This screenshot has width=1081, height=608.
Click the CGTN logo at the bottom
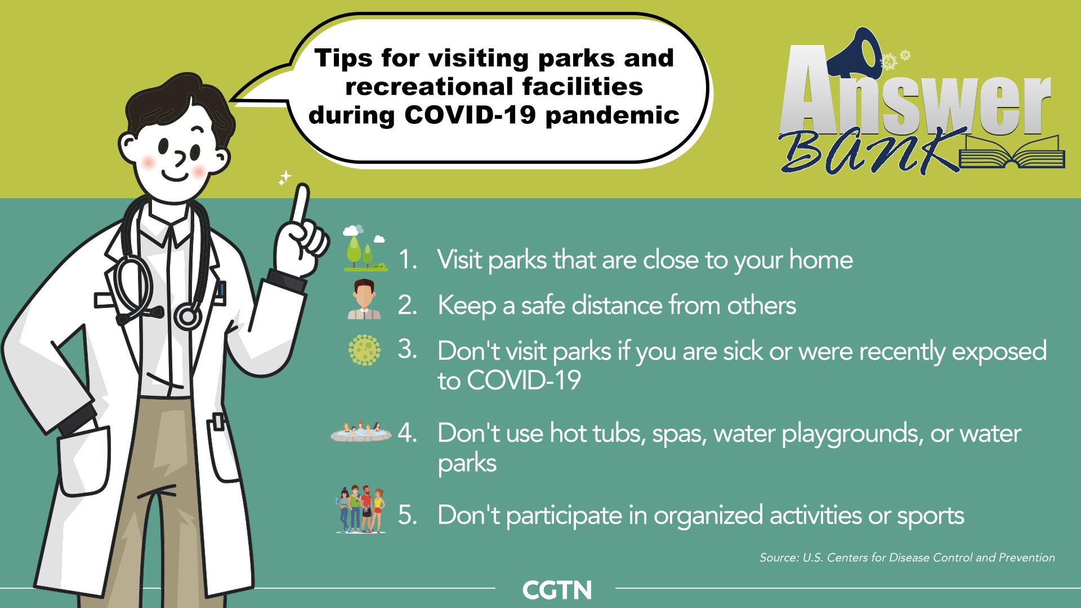(x=557, y=590)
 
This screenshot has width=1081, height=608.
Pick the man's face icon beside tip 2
(x=364, y=299)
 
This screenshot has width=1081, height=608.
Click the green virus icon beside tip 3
(x=364, y=350)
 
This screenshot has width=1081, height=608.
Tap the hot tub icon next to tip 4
(x=361, y=432)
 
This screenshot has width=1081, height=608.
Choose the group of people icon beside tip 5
(x=361, y=509)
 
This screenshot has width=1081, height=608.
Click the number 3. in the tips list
(x=408, y=349)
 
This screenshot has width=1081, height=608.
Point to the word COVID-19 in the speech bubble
(x=470, y=115)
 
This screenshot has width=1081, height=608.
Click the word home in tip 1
(x=821, y=260)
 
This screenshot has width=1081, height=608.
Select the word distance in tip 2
(x=617, y=305)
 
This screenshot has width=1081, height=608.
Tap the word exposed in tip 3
(x=999, y=352)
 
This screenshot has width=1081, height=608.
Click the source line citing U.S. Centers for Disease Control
(x=907, y=557)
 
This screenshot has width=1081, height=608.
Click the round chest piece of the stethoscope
(x=188, y=316)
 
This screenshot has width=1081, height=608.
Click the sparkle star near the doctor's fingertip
(x=285, y=178)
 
